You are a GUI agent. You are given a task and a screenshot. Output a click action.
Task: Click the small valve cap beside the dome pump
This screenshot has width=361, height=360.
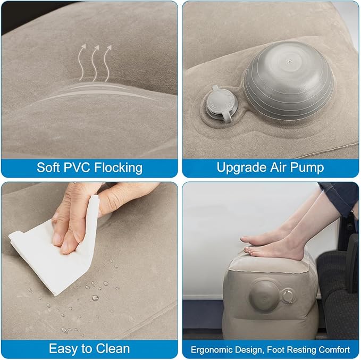pos(219,104)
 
